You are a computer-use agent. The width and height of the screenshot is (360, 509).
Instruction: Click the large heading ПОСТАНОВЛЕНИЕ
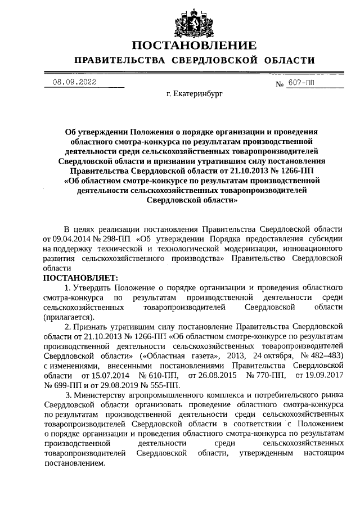(x=194, y=45)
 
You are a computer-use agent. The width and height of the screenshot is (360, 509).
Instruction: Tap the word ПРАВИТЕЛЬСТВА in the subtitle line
(x=120, y=60)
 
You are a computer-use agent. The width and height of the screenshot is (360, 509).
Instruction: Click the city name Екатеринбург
(x=195, y=95)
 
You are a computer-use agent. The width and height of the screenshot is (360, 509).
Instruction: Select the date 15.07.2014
(x=101, y=375)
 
